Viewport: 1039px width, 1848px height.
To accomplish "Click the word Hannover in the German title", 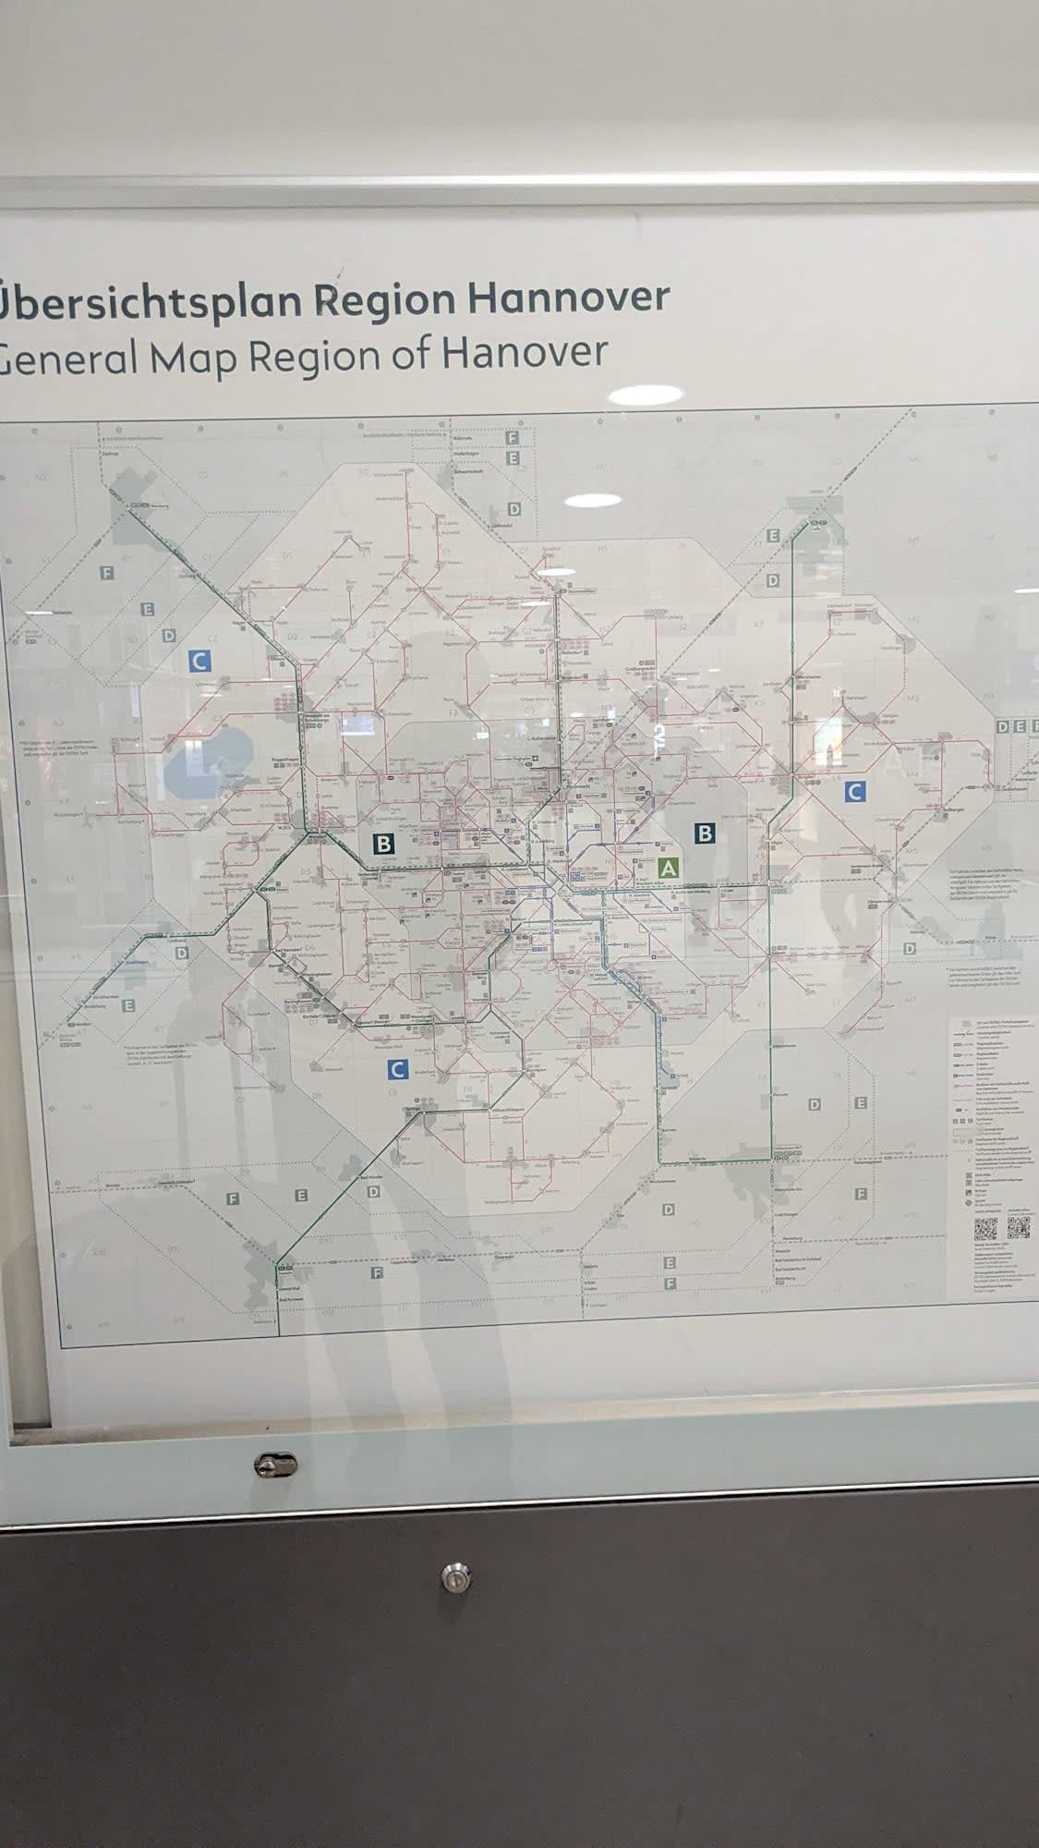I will [x=568, y=298].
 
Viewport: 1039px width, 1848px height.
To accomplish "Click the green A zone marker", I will [x=668, y=868].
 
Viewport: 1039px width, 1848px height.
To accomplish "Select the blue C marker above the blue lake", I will [x=199, y=661].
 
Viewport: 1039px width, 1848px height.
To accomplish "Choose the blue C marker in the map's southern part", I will [x=397, y=1070].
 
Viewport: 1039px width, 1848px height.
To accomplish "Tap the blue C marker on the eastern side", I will [x=855, y=791].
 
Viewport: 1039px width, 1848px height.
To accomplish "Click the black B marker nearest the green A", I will [x=705, y=833].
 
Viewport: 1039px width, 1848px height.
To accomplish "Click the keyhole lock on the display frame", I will [x=275, y=1465].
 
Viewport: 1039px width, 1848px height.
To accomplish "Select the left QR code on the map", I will [x=985, y=1228].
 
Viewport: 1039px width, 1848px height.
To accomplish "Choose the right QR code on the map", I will [x=1018, y=1228].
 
